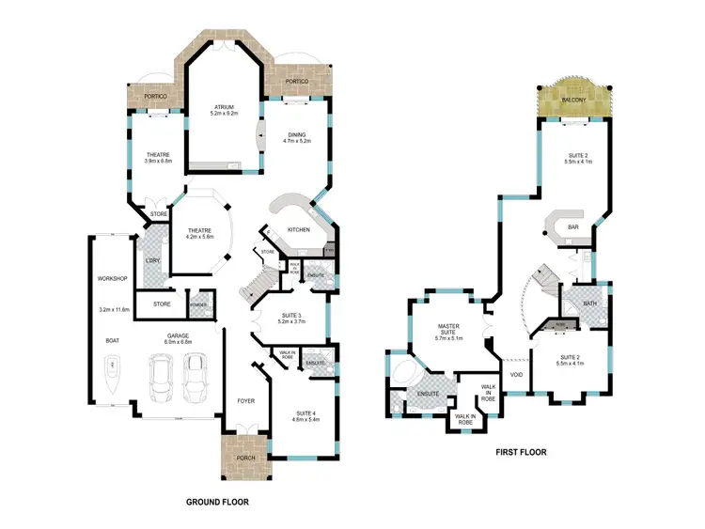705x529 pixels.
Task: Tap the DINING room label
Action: pyautogui.click(x=296, y=133)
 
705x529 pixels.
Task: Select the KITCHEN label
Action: pyautogui.click(x=299, y=229)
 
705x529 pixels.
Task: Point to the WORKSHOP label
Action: pyautogui.click(x=111, y=279)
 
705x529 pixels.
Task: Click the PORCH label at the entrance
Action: pyautogui.click(x=244, y=458)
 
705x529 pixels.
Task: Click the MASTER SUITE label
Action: pyautogui.click(x=447, y=328)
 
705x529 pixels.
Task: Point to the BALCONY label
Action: pyautogui.click(x=574, y=99)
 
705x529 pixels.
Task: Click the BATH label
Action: pyautogui.click(x=588, y=303)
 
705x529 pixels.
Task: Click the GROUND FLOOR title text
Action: pyautogui.click(x=217, y=503)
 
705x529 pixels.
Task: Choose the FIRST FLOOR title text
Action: pyautogui.click(x=521, y=452)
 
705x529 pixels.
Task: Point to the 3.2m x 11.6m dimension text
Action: pyautogui.click(x=112, y=309)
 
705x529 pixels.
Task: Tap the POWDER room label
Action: pyautogui.click(x=198, y=304)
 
